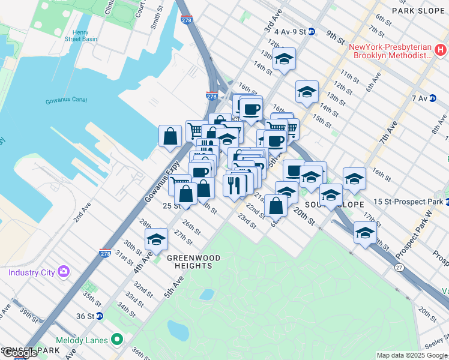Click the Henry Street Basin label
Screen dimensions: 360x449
click(80, 35)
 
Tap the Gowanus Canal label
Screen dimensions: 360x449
click(66, 101)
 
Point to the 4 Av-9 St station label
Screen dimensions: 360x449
click(289, 31)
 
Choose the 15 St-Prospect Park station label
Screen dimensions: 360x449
click(406, 201)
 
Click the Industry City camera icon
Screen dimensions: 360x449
click(63, 272)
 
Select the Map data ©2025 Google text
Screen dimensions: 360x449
click(412, 355)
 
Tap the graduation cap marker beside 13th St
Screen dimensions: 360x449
click(285, 59)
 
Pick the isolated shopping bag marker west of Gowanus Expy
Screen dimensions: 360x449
click(170, 136)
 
